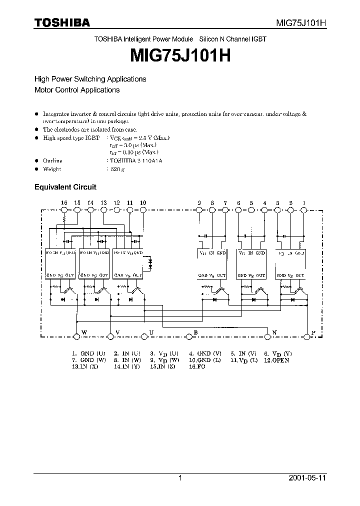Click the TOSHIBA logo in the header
click(x=61, y=22)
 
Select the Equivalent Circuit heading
click(x=65, y=187)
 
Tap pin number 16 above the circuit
click(x=64, y=202)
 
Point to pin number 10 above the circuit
click(x=143, y=202)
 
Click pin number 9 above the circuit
click(x=199, y=202)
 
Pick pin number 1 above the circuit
click(x=304, y=202)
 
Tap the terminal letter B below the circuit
click(x=195, y=332)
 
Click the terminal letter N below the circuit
click(x=274, y=332)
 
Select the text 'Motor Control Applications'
click(x=76, y=90)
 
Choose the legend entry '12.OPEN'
click(x=277, y=360)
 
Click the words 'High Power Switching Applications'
click(x=90, y=79)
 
